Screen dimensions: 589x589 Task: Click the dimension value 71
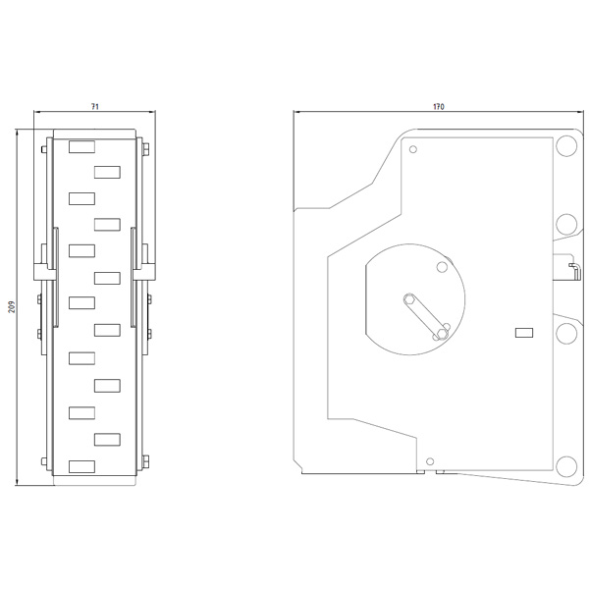click(95, 107)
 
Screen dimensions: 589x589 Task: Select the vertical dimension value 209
click(12, 307)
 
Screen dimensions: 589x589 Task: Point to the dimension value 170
click(439, 107)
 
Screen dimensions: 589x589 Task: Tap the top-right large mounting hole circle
click(566, 145)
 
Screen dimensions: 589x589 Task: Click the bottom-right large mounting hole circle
click(566, 466)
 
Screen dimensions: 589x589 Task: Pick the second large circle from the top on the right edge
click(566, 224)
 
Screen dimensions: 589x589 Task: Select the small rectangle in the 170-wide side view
click(524, 333)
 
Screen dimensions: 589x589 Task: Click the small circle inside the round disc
click(442, 267)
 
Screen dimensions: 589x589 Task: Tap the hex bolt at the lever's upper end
click(409, 299)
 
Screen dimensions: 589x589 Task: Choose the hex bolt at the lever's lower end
click(442, 333)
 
